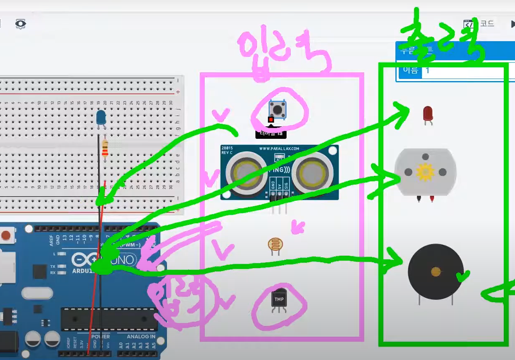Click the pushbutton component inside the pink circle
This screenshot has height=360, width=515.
277,109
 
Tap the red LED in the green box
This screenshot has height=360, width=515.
428,113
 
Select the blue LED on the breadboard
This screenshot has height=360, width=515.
101,117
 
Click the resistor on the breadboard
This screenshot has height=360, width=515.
105,148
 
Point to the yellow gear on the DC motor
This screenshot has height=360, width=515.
424,172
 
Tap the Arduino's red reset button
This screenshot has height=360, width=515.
5,236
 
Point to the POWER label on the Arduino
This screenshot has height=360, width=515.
101,336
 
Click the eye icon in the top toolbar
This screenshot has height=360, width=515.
20,24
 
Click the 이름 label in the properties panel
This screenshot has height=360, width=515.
410,70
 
